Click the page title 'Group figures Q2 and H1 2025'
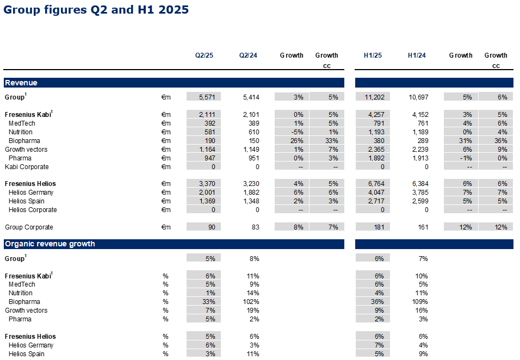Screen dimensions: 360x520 tap(96, 10)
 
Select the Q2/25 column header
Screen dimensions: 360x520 tap(205, 55)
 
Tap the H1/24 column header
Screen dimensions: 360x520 tap(417, 55)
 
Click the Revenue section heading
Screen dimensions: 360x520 tap(21, 83)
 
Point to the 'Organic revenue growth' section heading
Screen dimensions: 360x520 tap(50, 244)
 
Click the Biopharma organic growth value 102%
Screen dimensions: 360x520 tap(251, 302)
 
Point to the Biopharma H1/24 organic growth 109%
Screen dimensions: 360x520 tap(419, 302)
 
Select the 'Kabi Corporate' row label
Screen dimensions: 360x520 tap(27, 167)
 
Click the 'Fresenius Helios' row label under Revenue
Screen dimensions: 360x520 tap(30, 184)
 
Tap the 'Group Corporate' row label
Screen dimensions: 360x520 tap(29, 227)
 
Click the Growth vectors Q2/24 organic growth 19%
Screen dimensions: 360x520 tap(253, 311)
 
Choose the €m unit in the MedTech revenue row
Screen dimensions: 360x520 tap(166, 123)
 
